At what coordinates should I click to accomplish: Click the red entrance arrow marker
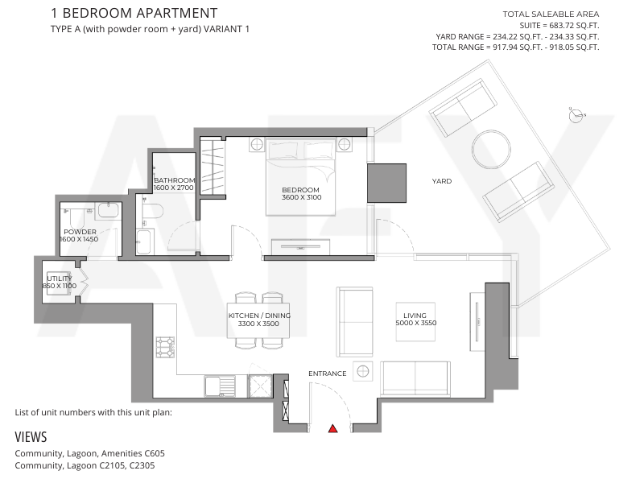click(332, 428)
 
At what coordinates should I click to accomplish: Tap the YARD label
click(441, 181)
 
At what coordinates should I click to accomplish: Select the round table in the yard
click(491, 149)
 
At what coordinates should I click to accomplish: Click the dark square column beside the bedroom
click(386, 183)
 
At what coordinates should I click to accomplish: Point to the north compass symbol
click(576, 115)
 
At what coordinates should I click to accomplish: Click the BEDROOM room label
click(300, 190)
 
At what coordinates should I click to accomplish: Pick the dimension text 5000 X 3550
click(415, 323)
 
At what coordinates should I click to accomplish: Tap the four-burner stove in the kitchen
click(165, 347)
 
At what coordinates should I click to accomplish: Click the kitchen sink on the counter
click(220, 386)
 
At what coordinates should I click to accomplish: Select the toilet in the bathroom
click(152, 211)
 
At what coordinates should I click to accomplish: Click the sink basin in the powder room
click(109, 210)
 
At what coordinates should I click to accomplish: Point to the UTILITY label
click(59, 278)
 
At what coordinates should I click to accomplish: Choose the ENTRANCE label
click(328, 374)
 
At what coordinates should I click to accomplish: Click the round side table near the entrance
click(363, 371)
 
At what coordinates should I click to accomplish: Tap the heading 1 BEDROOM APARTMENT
click(134, 13)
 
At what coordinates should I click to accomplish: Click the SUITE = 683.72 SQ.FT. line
click(559, 26)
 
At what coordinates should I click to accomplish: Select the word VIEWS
click(31, 436)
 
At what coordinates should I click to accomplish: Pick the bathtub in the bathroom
click(144, 242)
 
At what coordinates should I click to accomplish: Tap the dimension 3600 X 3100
click(301, 197)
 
